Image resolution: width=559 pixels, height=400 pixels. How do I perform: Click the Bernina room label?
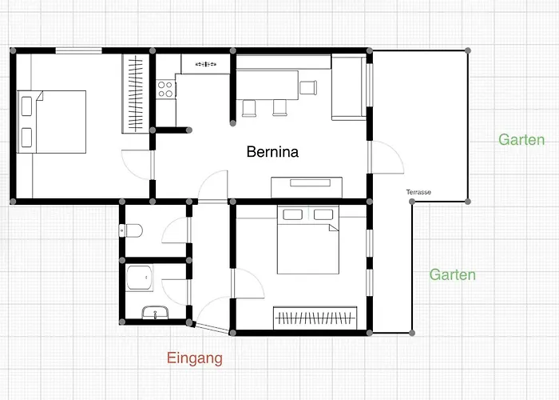pyautogui.click(x=272, y=152)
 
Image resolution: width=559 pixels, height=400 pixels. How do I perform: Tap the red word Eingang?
pyautogui.click(x=195, y=358)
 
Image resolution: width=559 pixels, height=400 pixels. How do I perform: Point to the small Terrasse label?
pyautogui.click(x=418, y=192)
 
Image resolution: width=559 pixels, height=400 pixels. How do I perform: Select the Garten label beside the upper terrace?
pyautogui.click(x=521, y=140)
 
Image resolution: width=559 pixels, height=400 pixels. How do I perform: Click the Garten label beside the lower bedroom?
pyautogui.click(x=453, y=274)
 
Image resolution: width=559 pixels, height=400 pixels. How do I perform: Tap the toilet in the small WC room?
pyautogui.click(x=131, y=230)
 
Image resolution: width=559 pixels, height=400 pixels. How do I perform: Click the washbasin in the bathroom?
pyautogui.click(x=156, y=312)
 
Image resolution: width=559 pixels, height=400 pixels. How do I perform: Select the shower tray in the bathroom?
pyautogui.click(x=140, y=278)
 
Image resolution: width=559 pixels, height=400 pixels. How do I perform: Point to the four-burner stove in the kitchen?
pyautogui.click(x=165, y=90)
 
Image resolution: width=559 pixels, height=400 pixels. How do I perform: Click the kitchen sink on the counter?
pyautogui.click(x=206, y=64)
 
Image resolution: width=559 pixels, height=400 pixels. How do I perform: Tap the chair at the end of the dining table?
pyautogui.click(x=308, y=87)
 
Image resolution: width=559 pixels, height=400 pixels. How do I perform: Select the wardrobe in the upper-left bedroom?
pyautogui.click(x=135, y=94)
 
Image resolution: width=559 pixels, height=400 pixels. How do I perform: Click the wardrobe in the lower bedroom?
pyautogui.click(x=315, y=318)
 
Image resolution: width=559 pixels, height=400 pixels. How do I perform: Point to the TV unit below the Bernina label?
pyautogui.click(x=307, y=187)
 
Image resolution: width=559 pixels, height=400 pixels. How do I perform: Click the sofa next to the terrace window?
pyautogui.click(x=349, y=87)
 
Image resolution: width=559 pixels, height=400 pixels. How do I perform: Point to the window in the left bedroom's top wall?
pyautogui.click(x=79, y=50)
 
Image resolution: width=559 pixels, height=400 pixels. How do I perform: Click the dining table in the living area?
pyautogui.click(x=268, y=85)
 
